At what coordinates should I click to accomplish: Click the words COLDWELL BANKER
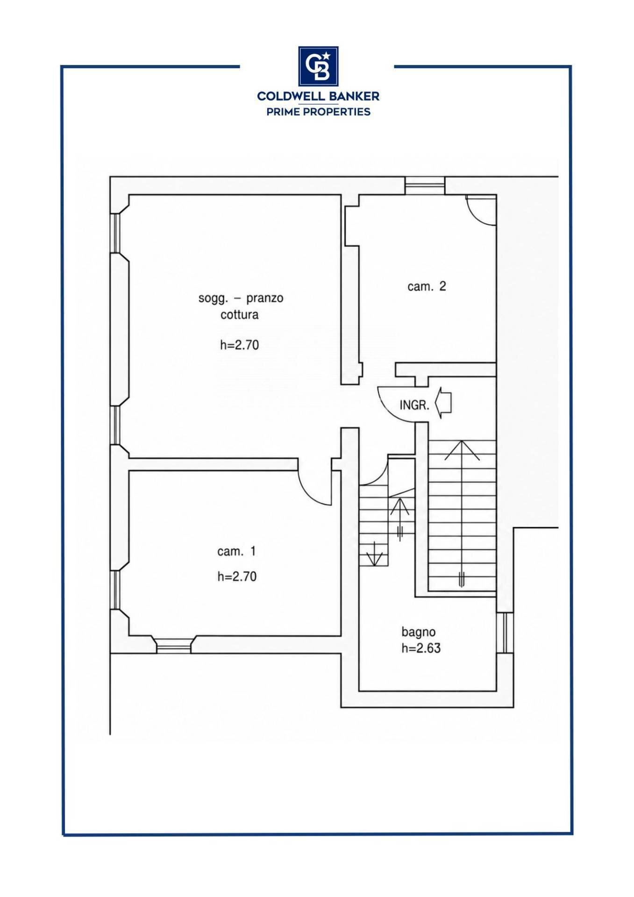318,96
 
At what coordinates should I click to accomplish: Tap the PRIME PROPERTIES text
318,111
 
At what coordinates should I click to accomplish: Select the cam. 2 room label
427,286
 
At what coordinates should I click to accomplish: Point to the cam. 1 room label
236,551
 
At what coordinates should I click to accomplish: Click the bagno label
419,632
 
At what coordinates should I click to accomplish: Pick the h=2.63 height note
421,648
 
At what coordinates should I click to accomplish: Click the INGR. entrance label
414,405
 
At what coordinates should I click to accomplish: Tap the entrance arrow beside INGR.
443,403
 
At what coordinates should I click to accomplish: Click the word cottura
239,314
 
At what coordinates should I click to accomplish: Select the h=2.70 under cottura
239,345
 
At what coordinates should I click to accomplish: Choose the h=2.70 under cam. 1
237,577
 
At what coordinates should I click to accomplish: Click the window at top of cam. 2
424,185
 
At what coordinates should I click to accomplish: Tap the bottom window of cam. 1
173,645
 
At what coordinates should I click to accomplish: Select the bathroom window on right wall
505,633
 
